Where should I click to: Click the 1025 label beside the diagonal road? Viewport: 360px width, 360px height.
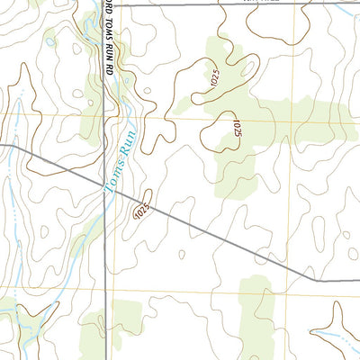139,211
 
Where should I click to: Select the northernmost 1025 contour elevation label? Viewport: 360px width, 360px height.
215,79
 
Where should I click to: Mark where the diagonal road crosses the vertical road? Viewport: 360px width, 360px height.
105,187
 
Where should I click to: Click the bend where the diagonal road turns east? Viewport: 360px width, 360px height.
318,280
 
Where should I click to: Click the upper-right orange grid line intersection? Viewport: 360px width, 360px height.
290,120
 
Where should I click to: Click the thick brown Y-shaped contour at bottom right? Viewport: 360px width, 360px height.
337,328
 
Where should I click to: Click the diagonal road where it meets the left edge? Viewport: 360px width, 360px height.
3,144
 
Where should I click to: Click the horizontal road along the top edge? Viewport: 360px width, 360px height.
225,4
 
